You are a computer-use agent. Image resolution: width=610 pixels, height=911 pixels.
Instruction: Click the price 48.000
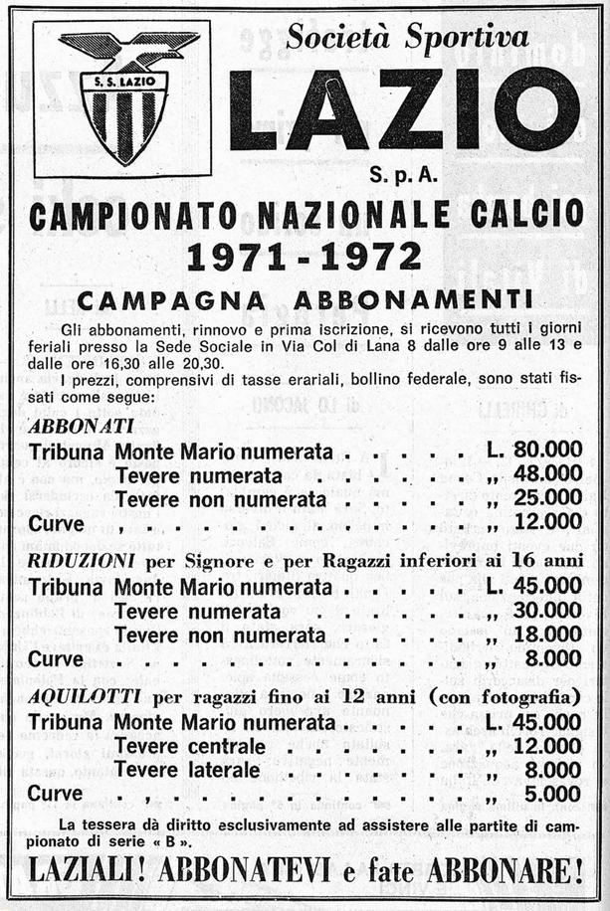coord(548,473)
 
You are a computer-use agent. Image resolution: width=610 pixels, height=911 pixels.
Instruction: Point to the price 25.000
coord(548,496)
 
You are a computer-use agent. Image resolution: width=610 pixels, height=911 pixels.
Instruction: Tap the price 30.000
coord(548,611)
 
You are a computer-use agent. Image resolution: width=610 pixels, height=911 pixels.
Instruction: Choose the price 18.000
coord(548,634)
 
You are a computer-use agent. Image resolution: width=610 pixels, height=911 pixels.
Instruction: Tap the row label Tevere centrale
coord(190,746)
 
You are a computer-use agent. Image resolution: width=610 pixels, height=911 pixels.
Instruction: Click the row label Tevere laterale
coord(187,770)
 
